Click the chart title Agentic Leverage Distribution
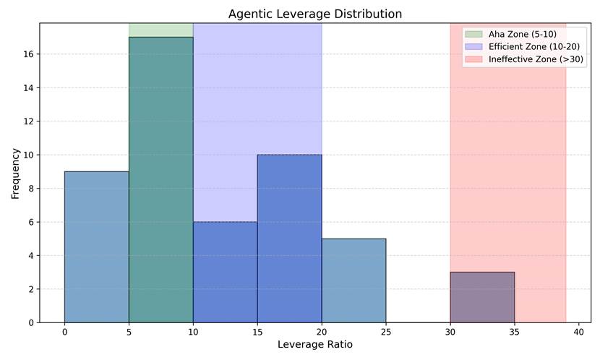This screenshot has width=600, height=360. coord(315,14)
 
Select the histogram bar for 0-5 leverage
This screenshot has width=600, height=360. coord(97,247)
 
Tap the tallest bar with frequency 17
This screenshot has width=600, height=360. coord(161,180)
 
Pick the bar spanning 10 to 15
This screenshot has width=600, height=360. coord(226,273)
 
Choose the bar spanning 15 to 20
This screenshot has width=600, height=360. coord(290,239)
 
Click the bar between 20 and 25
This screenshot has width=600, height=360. coord(354,280)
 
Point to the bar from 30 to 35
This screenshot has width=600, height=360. coord(482,297)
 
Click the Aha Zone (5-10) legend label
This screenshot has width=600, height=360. coord(523,34)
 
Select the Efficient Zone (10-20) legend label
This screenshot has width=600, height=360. coord(533,47)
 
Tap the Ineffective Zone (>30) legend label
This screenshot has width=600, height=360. coord(536,59)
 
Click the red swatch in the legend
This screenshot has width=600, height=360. coord(473,59)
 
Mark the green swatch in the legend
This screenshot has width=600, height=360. coord(473,34)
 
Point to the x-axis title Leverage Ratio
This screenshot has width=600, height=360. coord(315,344)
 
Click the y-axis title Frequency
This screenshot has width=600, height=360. coord(15,173)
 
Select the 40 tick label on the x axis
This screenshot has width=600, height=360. coord(579,332)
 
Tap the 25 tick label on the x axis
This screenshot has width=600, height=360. coord(386,332)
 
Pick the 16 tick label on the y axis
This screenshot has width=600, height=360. coord(29,54)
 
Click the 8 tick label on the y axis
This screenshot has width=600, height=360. coord(31,188)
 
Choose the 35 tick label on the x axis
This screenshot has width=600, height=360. coord(515,332)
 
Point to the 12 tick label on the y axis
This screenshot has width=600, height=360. coord(29,121)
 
